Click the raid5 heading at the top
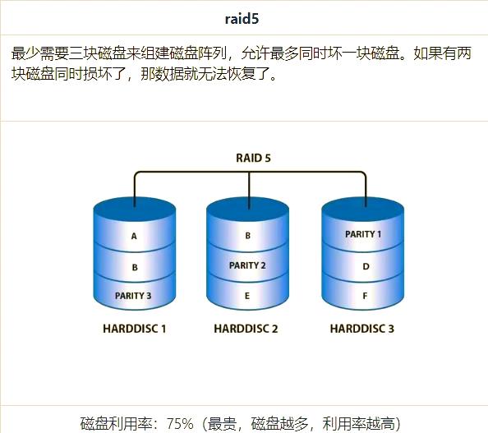click(x=242, y=19)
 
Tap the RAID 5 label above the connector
click(x=253, y=158)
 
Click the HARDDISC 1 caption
click(x=135, y=329)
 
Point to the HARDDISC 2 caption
click(x=246, y=329)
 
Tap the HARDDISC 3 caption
click(x=362, y=329)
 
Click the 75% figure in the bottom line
click(x=180, y=423)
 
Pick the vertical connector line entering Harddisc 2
click(x=249, y=190)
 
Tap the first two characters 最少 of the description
click(x=25, y=53)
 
